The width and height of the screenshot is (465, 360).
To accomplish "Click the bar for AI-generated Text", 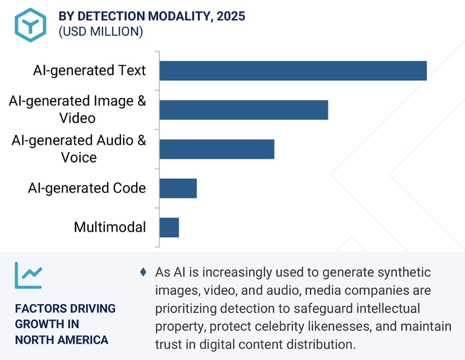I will click(x=293, y=70).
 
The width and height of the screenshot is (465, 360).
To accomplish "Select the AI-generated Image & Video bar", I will click(x=243, y=109).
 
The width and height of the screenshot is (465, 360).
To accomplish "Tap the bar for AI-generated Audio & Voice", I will click(x=216, y=149).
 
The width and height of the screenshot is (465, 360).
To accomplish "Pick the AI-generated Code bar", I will click(x=178, y=188).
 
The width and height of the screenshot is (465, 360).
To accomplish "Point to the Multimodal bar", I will click(x=169, y=227).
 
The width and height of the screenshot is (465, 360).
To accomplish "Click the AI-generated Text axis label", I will click(x=90, y=70).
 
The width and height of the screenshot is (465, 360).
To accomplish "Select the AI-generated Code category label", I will click(x=87, y=188).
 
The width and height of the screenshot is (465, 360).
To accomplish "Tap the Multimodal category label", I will click(x=110, y=227).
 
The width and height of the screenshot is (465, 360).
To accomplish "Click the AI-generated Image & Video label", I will click(x=77, y=109).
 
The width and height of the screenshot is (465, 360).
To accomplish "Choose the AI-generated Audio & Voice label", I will click(x=79, y=149).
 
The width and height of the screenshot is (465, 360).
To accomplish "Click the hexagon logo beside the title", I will click(x=30, y=24).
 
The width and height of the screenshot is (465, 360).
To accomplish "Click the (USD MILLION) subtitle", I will click(x=101, y=32).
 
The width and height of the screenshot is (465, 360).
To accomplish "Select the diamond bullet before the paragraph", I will click(x=143, y=272).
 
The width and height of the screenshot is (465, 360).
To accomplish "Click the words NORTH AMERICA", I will click(x=62, y=340).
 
